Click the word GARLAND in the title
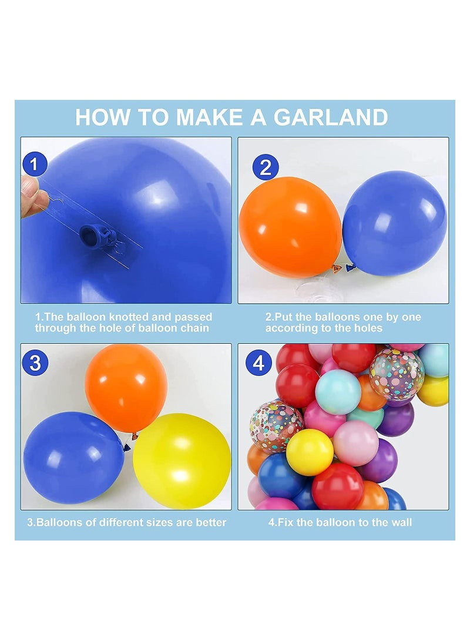331,118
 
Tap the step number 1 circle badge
34,165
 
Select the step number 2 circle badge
266,167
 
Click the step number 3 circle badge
36,363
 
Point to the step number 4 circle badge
258,363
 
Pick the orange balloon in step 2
290,222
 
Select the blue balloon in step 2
395,223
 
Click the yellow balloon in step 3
182,461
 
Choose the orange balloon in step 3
126,388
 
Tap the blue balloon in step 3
73,458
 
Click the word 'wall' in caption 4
400,522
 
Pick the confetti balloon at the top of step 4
397,374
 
